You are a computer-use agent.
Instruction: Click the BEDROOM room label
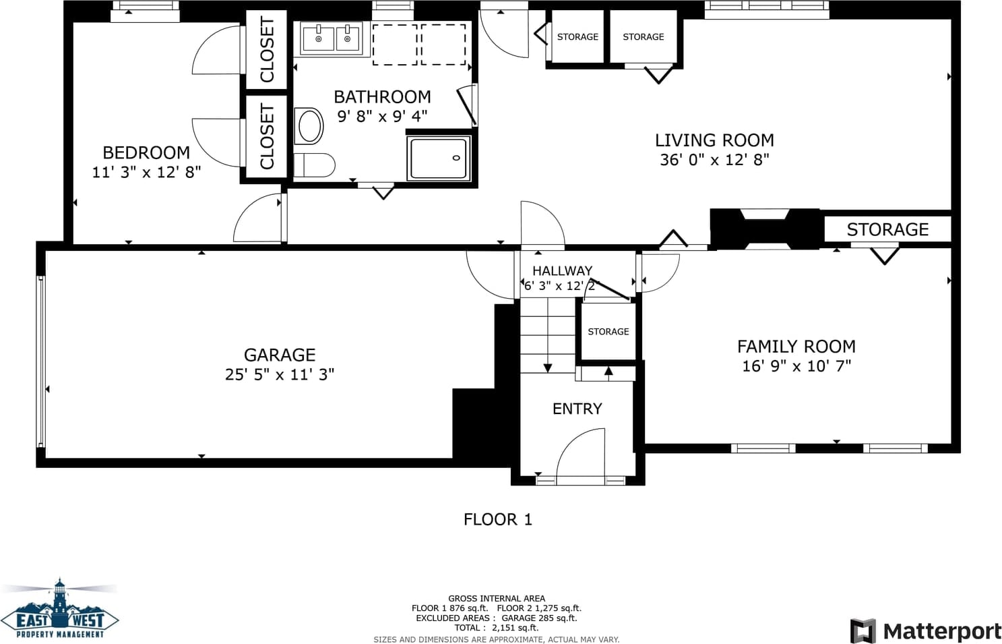[146, 152]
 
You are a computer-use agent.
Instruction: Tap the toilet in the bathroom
[314, 165]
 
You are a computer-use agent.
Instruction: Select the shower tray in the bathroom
[439, 158]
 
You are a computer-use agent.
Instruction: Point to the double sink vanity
[331, 38]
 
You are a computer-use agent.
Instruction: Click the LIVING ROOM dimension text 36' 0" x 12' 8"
[714, 160]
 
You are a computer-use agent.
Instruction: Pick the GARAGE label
[280, 355]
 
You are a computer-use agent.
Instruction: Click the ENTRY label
[577, 409]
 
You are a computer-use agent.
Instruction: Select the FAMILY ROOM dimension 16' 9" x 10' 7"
[796, 366]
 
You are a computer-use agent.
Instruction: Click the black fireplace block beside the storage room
[765, 229]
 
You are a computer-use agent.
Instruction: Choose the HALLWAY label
[562, 271]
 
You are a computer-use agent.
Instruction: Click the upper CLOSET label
[267, 50]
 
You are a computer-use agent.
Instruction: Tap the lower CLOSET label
[267, 136]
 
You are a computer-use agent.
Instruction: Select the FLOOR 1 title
[498, 520]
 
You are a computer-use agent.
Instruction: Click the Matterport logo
[925, 631]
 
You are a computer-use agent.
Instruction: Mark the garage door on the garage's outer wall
[40, 361]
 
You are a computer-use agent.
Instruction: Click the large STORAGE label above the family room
[887, 229]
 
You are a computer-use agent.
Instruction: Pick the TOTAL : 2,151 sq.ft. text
[497, 628]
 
